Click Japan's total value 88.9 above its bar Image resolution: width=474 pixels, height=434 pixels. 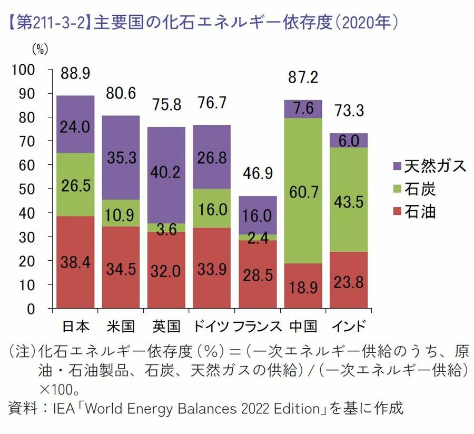click(75, 73)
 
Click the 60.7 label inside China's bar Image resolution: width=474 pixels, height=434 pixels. click(304, 193)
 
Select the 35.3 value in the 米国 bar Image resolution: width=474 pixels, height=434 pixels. click(121, 157)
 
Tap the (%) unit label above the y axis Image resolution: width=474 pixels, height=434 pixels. click(40, 50)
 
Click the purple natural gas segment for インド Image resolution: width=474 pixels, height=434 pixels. click(349, 140)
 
